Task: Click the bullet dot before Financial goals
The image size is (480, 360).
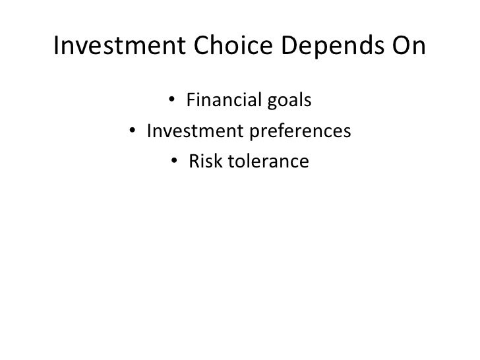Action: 171,102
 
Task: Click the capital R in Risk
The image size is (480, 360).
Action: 194,162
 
